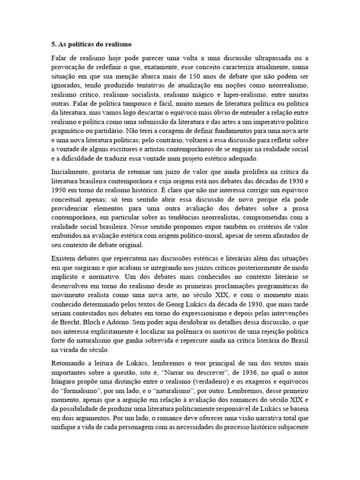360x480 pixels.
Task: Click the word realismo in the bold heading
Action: (116, 45)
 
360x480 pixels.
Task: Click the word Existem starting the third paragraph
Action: (63, 259)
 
